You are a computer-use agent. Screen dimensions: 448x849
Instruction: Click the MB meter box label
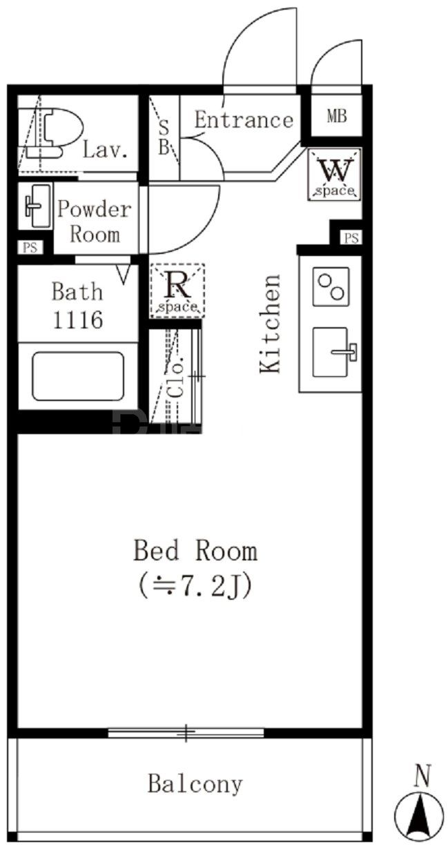click(x=337, y=116)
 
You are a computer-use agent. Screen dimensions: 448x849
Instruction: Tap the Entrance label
click(x=244, y=120)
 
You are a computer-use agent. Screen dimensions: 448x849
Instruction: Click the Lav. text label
click(x=105, y=150)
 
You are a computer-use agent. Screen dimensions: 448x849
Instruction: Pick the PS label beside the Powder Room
click(x=30, y=248)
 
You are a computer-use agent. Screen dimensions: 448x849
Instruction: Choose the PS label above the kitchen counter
click(x=351, y=238)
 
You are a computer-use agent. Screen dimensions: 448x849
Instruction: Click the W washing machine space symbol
click(x=334, y=174)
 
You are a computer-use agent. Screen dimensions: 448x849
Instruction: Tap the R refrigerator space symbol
click(x=177, y=291)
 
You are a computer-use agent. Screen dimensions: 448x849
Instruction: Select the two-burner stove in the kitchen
click(x=331, y=286)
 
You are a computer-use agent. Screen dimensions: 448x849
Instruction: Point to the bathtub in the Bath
click(x=78, y=376)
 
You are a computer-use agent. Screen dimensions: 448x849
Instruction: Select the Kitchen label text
click(x=270, y=323)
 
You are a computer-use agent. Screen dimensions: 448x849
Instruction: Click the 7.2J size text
click(x=195, y=586)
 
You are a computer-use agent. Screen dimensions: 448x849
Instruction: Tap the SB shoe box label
click(x=164, y=137)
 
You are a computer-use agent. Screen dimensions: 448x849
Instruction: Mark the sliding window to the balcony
click(x=186, y=732)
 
